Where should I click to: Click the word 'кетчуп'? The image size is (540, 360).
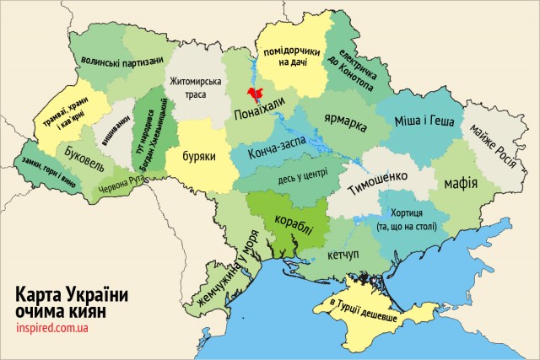point(337,254)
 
